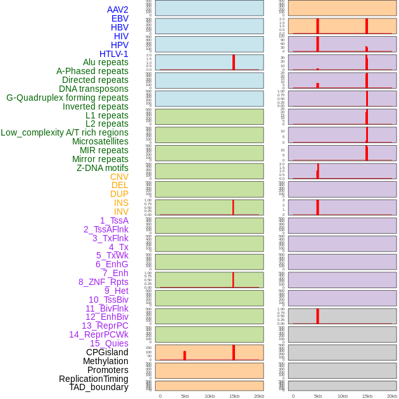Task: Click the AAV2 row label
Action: pos(118,9)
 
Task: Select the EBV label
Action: pos(120,18)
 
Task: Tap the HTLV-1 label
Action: pos(114,54)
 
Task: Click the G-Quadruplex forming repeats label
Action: pos(67,98)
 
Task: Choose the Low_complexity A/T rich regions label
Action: pos(65,132)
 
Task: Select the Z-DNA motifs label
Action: pos(103,168)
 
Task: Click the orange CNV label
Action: pos(119,177)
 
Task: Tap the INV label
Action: pos(121,212)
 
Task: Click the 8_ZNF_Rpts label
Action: pos(103,282)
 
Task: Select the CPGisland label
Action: pos(107,352)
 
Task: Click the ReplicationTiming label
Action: pos(94,379)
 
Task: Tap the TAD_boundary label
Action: pos(99,387)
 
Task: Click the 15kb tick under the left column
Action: pos(234,396)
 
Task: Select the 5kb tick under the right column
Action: pos(317,396)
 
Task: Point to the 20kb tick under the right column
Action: pos(392,396)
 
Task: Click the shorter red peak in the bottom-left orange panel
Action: pos(184,356)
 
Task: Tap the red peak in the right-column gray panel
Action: pos(317,315)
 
